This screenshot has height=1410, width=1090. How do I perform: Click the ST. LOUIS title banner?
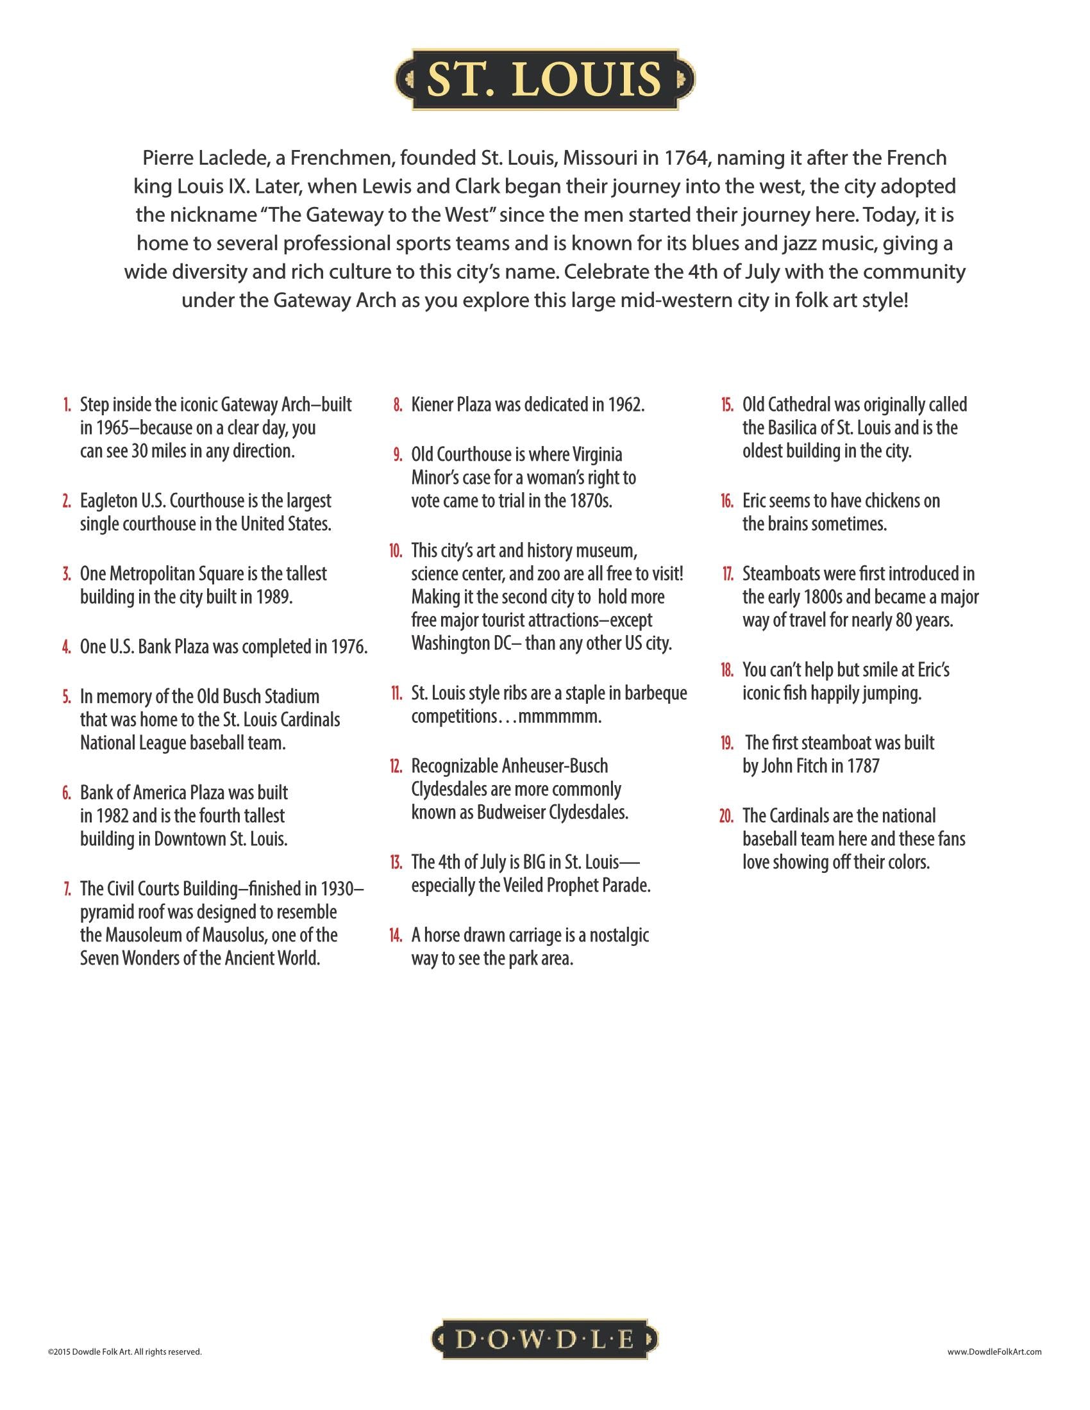(544, 79)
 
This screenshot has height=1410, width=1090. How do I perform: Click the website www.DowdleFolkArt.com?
(994, 1351)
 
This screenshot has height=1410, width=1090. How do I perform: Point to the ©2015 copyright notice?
(124, 1351)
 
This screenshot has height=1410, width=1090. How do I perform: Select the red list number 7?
(68, 889)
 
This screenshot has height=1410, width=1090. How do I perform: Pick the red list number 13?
(396, 863)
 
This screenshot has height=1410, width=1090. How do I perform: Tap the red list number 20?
(726, 816)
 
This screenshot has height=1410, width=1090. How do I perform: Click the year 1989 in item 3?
(274, 597)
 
